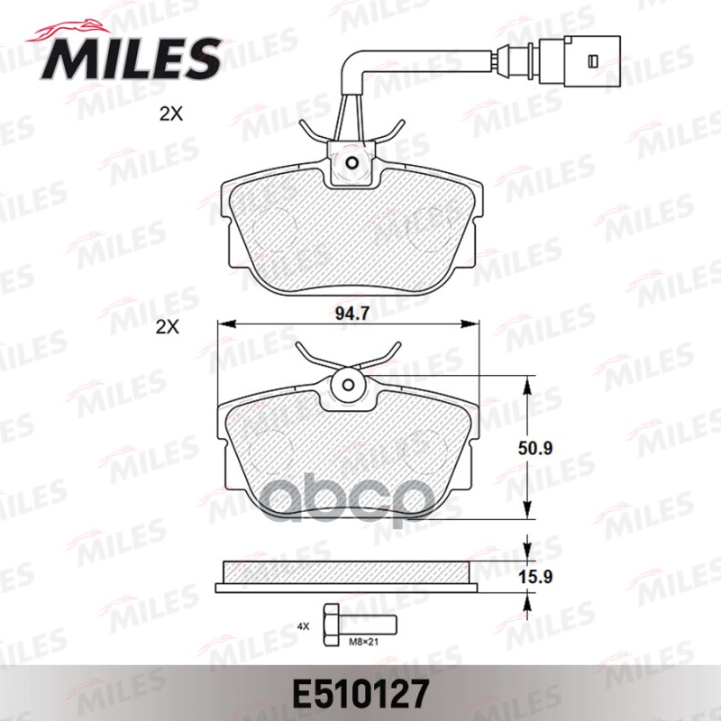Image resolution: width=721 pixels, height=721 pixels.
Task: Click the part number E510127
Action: tap(360, 695)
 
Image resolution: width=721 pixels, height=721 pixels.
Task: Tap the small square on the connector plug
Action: tap(592, 61)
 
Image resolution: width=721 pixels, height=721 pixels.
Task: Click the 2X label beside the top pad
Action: tap(169, 115)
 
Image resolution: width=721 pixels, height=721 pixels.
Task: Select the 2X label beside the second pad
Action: tap(169, 329)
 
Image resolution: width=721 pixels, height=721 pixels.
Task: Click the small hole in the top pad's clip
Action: tap(352, 164)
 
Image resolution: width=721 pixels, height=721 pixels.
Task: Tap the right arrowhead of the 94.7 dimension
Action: tap(474, 324)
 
